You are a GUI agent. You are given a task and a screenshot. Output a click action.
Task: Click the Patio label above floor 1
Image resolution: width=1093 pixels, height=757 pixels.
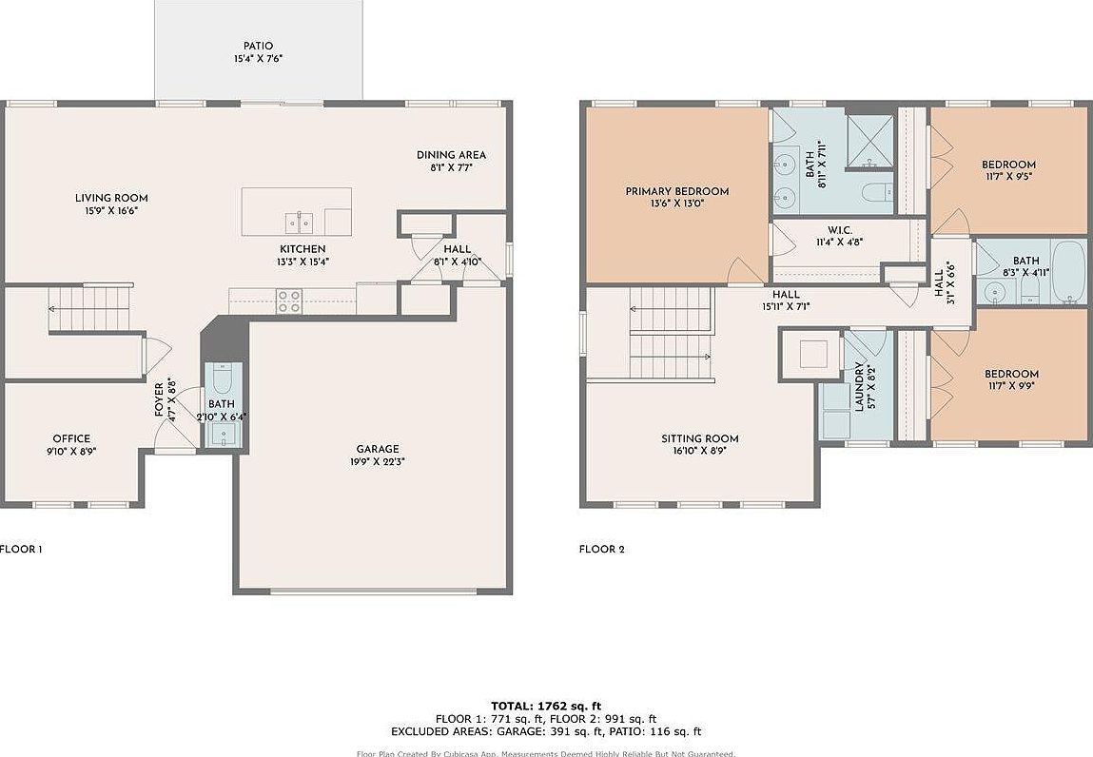[x=258, y=46]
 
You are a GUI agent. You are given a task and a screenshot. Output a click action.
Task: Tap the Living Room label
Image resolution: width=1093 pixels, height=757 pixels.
[x=111, y=199]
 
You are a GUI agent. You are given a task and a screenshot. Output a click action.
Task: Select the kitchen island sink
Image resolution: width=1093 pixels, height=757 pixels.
[x=298, y=222]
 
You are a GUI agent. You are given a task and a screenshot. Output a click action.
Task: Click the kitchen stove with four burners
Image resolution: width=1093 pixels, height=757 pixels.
[x=289, y=301]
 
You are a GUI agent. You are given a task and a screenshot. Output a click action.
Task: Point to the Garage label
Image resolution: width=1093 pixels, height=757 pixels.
[x=378, y=449]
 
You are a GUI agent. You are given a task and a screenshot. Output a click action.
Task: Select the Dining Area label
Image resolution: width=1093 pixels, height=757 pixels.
[x=451, y=155]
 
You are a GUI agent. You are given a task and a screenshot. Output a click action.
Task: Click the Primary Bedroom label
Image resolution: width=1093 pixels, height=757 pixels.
[x=676, y=191]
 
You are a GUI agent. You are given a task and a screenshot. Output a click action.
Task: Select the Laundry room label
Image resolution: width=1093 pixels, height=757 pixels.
[x=859, y=385]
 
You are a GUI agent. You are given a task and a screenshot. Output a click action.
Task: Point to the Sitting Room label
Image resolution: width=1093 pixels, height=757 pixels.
[x=699, y=438]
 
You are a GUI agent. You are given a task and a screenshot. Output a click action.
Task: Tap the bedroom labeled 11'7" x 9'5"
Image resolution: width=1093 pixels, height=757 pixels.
[x=1008, y=170]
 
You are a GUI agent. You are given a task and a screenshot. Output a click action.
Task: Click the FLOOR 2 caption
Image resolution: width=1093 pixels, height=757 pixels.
[x=601, y=549]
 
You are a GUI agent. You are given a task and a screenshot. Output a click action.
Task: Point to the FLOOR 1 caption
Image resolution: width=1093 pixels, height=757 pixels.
[x=20, y=549]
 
